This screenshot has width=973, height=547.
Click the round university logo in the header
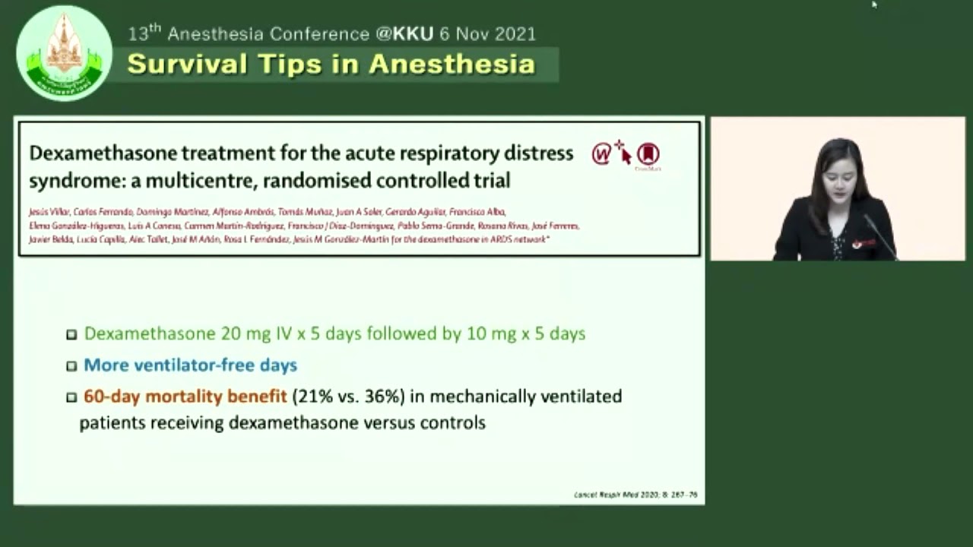pyautogui.click(x=64, y=52)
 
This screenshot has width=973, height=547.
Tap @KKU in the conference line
pyautogui.click(x=404, y=34)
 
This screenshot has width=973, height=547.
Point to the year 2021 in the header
pyautogui.click(x=512, y=34)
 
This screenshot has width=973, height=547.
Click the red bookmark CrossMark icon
pyautogui.click(x=648, y=154)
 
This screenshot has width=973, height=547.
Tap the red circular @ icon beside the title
pyautogui.click(x=601, y=155)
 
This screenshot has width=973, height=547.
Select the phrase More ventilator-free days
pyautogui.click(x=190, y=365)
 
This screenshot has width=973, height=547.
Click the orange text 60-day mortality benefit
pyautogui.click(x=185, y=397)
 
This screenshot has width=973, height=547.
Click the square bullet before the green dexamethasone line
pyautogui.click(x=71, y=334)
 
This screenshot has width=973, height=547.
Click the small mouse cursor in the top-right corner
pyautogui.click(x=874, y=5)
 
